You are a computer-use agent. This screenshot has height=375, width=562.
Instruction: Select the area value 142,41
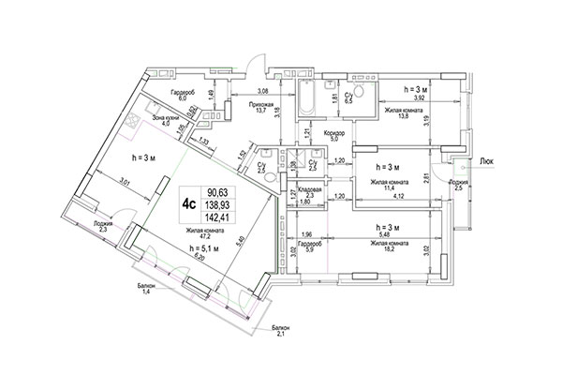click(x=222, y=212)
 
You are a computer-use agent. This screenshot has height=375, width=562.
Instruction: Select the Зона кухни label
click(x=166, y=118)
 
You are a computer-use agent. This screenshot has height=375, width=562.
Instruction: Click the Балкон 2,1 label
click(x=280, y=329)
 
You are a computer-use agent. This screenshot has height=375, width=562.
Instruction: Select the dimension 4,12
click(x=400, y=195)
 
